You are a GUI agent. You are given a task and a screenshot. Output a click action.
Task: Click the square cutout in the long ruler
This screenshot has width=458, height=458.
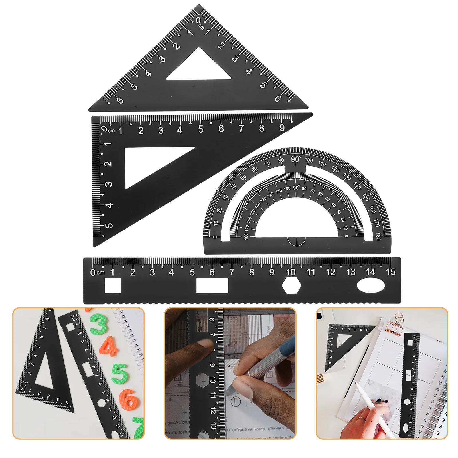(113, 285)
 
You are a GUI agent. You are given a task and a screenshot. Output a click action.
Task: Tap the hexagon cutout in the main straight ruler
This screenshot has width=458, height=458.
(291, 285)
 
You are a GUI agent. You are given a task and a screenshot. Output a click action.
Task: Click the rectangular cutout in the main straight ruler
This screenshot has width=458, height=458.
(212, 285)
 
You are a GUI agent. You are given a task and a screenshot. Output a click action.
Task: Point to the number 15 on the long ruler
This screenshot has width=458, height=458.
(390, 272)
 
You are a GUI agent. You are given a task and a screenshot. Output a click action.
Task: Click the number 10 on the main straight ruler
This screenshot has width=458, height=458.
(291, 272)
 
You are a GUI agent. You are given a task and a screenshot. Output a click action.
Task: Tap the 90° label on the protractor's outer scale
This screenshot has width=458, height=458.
(296, 159)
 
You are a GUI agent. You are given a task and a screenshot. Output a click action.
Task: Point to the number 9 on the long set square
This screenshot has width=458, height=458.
(282, 128)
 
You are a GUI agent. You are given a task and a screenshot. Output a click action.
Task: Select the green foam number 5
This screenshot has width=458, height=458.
(120, 374)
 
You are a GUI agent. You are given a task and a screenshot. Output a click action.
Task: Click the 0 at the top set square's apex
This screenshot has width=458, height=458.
(198, 21)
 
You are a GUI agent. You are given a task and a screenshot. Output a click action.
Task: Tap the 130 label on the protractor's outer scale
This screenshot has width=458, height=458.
(347, 176)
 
